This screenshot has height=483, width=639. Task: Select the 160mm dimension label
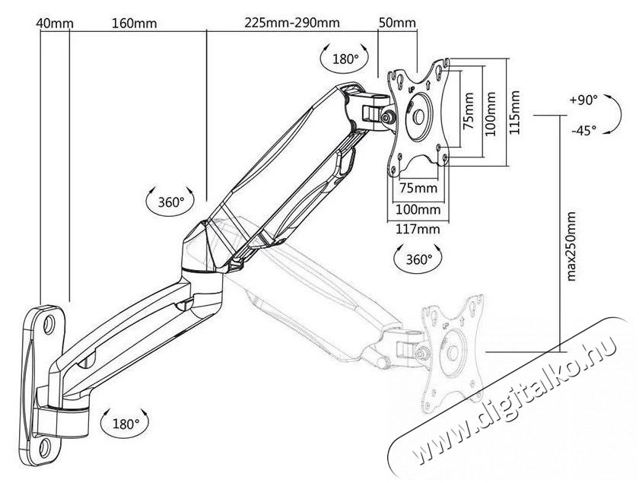pos(135,23)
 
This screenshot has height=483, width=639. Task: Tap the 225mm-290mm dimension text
pos(292,22)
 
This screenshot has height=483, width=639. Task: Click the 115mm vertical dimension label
pos(514,113)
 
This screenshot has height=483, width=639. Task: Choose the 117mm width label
pos(418,229)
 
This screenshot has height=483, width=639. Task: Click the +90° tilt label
pos(583,100)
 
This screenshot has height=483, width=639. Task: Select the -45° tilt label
pos(583,130)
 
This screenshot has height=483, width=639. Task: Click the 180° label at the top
pos(345,59)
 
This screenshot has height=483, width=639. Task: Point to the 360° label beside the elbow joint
pos(171,202)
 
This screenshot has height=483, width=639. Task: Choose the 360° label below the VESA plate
pos(418,259)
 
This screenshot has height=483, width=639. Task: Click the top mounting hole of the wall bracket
pos(49,323)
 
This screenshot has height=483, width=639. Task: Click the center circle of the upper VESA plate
pos(418,117)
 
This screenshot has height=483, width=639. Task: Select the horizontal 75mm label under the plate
pos(418,188)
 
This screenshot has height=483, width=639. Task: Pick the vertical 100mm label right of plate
pos(491,114)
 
